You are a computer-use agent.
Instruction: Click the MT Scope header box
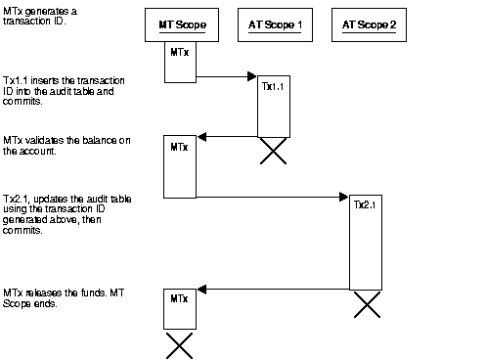tap(182, 24)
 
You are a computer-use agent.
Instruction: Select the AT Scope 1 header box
tap(275, 24)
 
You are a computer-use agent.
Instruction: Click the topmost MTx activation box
tap(179, 59)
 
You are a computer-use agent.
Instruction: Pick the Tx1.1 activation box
tap(274, 106)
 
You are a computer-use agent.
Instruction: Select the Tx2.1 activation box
tap(366, 245)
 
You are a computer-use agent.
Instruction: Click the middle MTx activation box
tap(179, 166)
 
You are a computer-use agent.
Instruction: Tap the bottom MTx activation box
tap(179, 308)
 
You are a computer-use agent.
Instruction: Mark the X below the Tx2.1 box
tap(366, 304)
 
